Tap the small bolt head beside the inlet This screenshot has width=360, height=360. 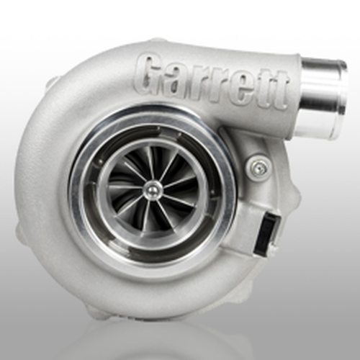coord(257,168)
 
